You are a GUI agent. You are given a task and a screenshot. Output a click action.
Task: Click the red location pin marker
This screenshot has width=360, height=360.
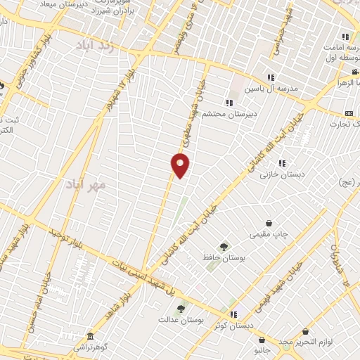[181, 165]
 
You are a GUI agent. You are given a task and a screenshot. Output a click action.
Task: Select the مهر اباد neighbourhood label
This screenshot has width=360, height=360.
[85, 185]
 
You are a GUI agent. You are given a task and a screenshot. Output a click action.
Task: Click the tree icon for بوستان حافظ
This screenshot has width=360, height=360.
[224, 247]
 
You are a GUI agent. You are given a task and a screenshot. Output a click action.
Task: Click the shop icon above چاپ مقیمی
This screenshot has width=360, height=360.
[269, 223]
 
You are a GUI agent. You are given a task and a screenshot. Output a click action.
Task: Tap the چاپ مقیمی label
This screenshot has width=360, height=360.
[269, 235]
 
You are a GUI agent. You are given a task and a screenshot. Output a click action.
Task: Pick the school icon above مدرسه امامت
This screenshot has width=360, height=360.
[345, 37]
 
